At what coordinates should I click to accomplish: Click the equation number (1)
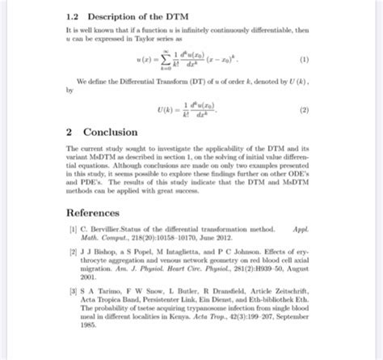304,59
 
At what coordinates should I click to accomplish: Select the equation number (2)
304,109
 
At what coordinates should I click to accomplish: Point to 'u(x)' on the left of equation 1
147,59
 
